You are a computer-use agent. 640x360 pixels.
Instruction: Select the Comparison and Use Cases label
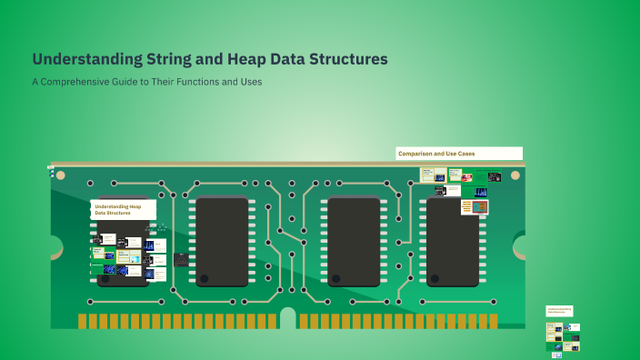tap(458, 154)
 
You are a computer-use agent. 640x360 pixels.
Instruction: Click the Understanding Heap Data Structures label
tap(123, 210)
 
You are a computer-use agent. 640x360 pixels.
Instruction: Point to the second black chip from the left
tap(222, 242)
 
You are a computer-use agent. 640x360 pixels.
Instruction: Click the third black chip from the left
tap(354, 242)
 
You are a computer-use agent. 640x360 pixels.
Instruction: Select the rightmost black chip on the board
tap(453, 242)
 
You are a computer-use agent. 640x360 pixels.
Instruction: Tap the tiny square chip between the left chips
tap(181, 260)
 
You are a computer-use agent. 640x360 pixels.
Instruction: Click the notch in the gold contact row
tap(288, 318)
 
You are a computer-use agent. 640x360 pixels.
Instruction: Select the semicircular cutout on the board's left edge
tap(55, 246)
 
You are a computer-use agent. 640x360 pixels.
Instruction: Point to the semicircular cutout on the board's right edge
tap(520, 245)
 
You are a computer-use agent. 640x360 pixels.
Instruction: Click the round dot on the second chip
tap(205, 278)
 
